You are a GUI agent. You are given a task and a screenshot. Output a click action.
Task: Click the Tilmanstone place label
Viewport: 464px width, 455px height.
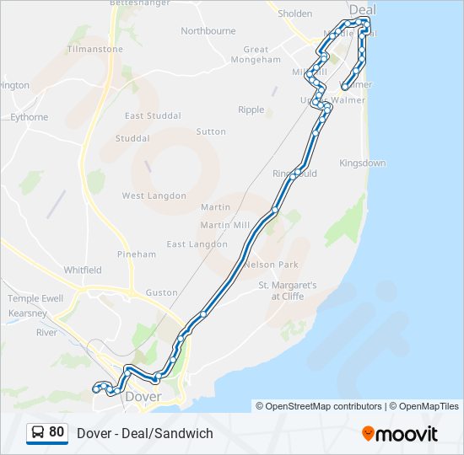point(94,50)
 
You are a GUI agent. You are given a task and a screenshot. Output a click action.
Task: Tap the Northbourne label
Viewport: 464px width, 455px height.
point(208,31)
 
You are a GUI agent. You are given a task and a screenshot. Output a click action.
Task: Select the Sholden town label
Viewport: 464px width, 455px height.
point(294,13)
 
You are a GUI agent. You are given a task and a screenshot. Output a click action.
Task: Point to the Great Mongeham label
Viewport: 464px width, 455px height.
point(256,55)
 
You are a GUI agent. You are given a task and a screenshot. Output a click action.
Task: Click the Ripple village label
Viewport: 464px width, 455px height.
point(251,110)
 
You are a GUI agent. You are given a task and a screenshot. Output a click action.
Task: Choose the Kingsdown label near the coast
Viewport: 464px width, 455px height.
point(362,163)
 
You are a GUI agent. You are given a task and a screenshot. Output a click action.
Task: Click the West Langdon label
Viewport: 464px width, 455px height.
point(154,196)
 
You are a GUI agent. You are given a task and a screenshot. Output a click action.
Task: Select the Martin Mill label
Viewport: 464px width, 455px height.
point(224,225)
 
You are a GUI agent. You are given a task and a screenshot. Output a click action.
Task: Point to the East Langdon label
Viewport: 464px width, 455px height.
point(197,244)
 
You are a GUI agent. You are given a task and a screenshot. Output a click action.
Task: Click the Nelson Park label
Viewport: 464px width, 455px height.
point(272,264)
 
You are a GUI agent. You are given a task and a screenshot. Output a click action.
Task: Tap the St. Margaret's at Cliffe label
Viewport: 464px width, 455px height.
point(287,291)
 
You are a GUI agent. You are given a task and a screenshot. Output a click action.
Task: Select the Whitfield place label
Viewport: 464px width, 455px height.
point(83,270)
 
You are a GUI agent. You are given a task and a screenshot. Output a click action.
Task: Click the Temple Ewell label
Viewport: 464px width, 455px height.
point(35,299)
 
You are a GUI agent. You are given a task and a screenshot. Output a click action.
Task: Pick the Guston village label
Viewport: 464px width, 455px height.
point(161,293)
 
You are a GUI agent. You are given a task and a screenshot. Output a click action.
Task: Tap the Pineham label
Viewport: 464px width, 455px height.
point(137,254)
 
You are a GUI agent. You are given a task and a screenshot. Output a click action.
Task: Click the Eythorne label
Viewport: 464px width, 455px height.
point(30,118)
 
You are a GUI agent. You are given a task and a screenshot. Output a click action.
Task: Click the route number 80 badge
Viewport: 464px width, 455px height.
point(47,432)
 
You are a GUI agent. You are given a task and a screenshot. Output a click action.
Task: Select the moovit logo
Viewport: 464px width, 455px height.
point(400,434)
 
